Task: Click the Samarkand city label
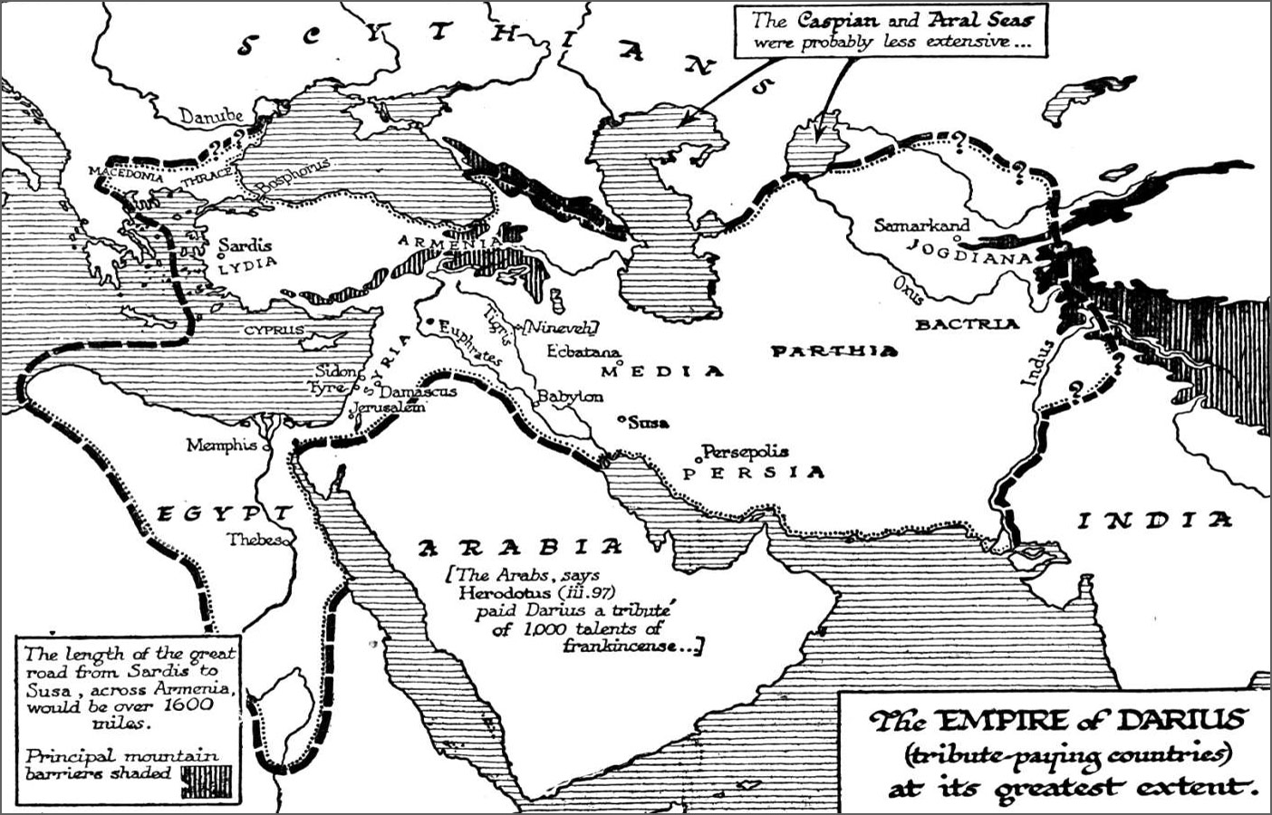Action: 920,225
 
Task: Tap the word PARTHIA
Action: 834,351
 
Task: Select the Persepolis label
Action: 746,451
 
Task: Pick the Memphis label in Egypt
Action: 222,445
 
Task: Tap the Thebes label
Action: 255,539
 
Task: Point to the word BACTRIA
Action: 967,323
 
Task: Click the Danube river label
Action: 210,117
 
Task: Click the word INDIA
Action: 1154,520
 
